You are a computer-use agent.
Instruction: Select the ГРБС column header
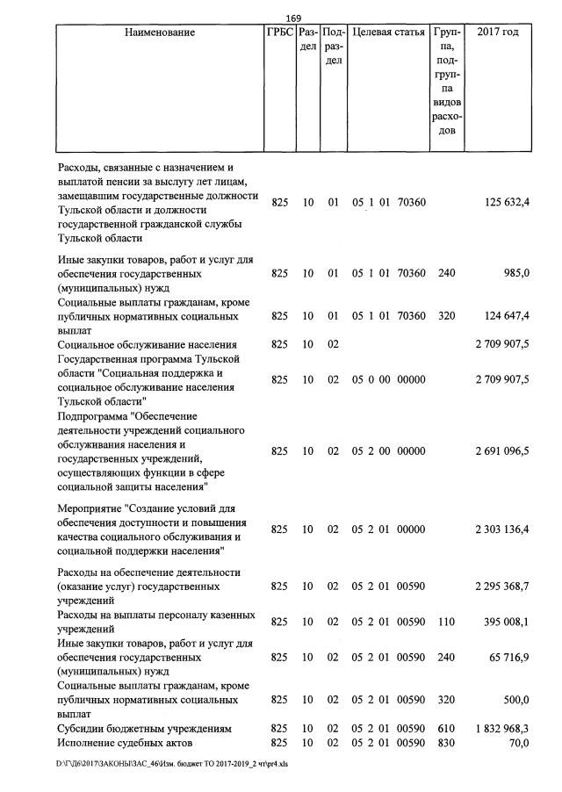click(279, 32)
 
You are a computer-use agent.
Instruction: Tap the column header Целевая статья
click(389, 32)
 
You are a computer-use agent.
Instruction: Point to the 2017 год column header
click(497, 32)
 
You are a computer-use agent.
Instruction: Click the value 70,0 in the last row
click(517, 743)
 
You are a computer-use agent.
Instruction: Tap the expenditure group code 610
click(446, 729)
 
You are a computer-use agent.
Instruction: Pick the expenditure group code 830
click(446, 743)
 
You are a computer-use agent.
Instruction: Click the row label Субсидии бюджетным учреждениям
click(143, 729)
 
